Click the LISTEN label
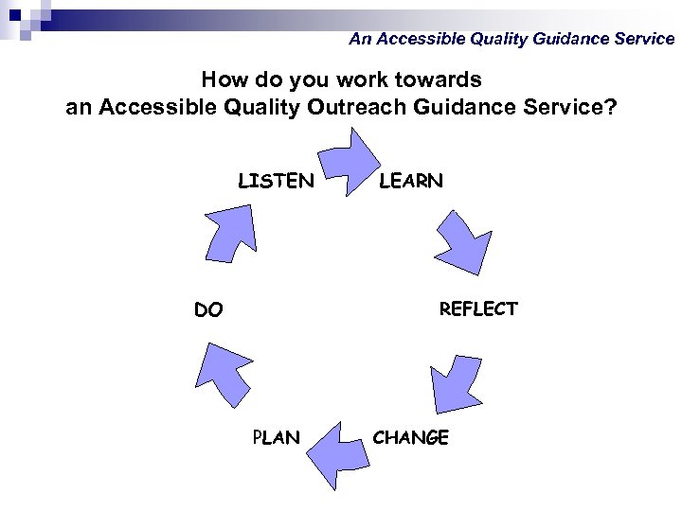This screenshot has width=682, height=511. [x=276, y=181]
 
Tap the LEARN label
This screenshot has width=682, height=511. [x=411, y=181]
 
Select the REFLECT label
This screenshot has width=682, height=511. [x=478, y=309]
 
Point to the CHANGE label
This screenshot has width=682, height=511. [x=411, y=437]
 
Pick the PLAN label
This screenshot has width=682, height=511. [x=276, y=437]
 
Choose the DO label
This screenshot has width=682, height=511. [x=208, y=309]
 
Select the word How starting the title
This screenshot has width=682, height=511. [x=224, y=79]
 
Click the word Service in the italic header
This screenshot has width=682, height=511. [x=642, y=39]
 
